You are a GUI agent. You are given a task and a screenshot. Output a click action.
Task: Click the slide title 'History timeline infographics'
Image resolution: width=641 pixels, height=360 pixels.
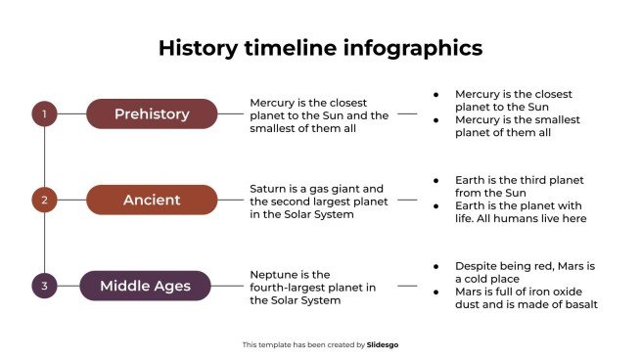tap(320, 49)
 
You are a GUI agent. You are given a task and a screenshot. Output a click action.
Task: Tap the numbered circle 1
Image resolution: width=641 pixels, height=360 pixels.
tap(44, 113)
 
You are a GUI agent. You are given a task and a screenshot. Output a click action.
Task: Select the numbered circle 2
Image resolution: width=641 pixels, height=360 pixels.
tap(44, 200)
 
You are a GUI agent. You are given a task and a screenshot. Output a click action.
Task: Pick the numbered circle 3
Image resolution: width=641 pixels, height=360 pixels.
tap(44, 286)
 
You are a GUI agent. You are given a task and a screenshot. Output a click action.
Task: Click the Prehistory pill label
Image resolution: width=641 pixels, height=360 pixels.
tap(152, 113)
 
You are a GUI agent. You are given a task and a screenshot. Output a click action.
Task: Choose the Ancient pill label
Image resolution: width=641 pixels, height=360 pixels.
tap(152, 200)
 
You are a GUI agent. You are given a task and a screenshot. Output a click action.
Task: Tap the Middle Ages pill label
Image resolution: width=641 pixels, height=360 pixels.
tap(145, 286)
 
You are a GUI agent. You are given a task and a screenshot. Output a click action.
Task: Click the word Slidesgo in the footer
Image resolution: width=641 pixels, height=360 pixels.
tap(383, 344)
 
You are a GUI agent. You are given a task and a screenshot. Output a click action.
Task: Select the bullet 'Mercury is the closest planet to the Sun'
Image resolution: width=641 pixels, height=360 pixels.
tap(513, 100)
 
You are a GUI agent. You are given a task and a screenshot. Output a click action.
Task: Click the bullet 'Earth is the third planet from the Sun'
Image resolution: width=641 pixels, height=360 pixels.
tap(518, 186)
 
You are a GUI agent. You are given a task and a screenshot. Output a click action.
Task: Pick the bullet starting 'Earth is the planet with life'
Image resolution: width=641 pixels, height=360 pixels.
tap(521, 211)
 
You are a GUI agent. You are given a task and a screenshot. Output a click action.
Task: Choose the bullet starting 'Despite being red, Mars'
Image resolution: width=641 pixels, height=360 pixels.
tap(525, 272)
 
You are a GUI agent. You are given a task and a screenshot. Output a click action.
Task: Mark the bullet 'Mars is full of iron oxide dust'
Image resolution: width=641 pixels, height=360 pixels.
tap(526, 297)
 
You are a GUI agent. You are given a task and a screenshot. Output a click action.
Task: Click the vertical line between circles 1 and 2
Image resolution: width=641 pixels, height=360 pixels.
tap(44, 157)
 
